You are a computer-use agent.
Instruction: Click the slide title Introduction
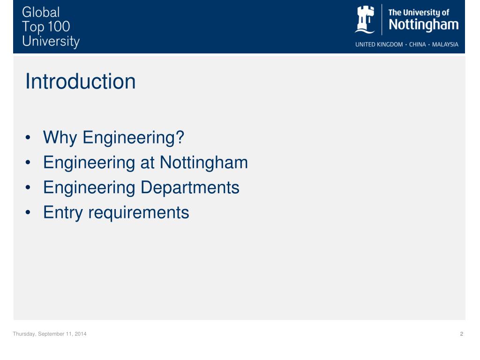[x=80, y=82]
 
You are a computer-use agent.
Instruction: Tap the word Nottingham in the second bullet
[x=203, y=163]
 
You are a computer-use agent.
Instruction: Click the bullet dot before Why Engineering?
[x=29, y=139]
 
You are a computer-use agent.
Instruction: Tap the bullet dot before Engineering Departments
[x=29, y=188]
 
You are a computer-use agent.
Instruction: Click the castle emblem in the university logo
[x=365, y=20]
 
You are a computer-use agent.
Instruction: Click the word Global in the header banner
[x=41, y=12]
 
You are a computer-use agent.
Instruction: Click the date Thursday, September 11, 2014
[x=49, y=334]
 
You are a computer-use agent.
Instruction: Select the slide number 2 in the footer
[x=462, y=334]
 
